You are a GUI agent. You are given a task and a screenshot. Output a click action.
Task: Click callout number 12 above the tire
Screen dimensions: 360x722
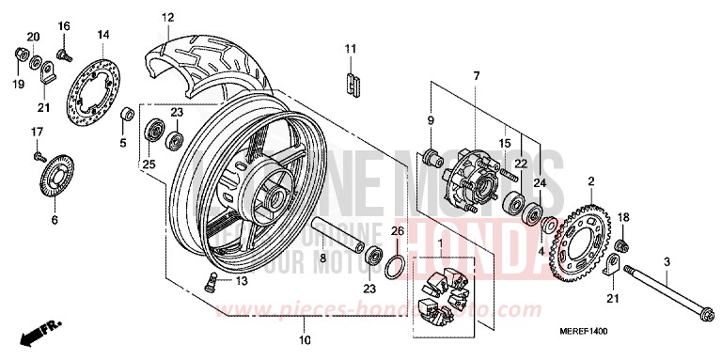pyautogui.click(x=167, y=17)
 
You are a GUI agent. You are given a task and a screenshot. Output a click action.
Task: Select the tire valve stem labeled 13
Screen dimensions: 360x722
pyautogui.click(x=212, y=279)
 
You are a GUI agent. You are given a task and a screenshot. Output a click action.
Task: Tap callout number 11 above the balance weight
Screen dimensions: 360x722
pyautogui.click(x=350, y=48)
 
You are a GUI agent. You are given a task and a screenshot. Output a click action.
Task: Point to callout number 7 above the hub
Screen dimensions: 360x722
pyautogui.click(x=476, y=74)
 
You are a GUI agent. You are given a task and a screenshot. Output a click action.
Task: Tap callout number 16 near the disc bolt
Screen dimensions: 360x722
pyautogui.click(x=64, y=25)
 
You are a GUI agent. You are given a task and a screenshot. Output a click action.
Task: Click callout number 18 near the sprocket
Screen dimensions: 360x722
pyautogui.click(x=621, y=217)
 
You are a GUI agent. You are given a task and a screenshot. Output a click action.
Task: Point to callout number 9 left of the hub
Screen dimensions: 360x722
pyautogui.click(x=432, y=120)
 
